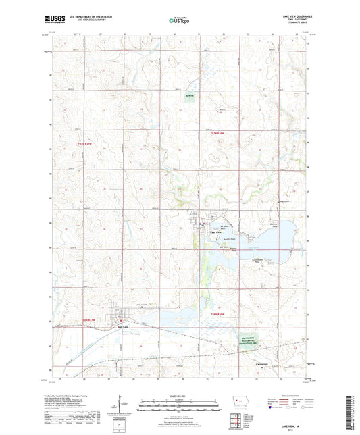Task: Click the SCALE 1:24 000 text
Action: pos(180,396)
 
